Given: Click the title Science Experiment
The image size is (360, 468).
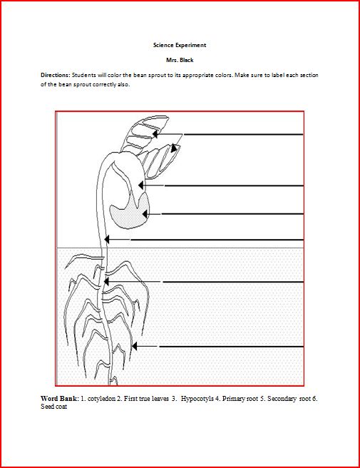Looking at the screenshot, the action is point(180,45).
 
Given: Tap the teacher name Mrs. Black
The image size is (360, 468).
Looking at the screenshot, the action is point(180,60).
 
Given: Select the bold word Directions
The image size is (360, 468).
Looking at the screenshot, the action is point(55,74).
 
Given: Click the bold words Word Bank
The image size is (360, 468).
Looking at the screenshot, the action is point(58,397).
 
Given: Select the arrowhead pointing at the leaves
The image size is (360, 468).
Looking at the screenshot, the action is point(175,148).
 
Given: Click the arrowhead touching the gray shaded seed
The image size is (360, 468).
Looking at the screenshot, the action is point(145,213).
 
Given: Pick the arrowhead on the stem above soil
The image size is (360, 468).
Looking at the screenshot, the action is point(106,240).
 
